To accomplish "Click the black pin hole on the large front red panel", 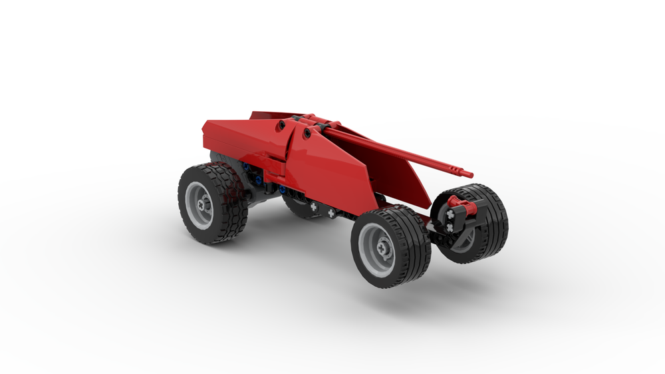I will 307,134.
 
